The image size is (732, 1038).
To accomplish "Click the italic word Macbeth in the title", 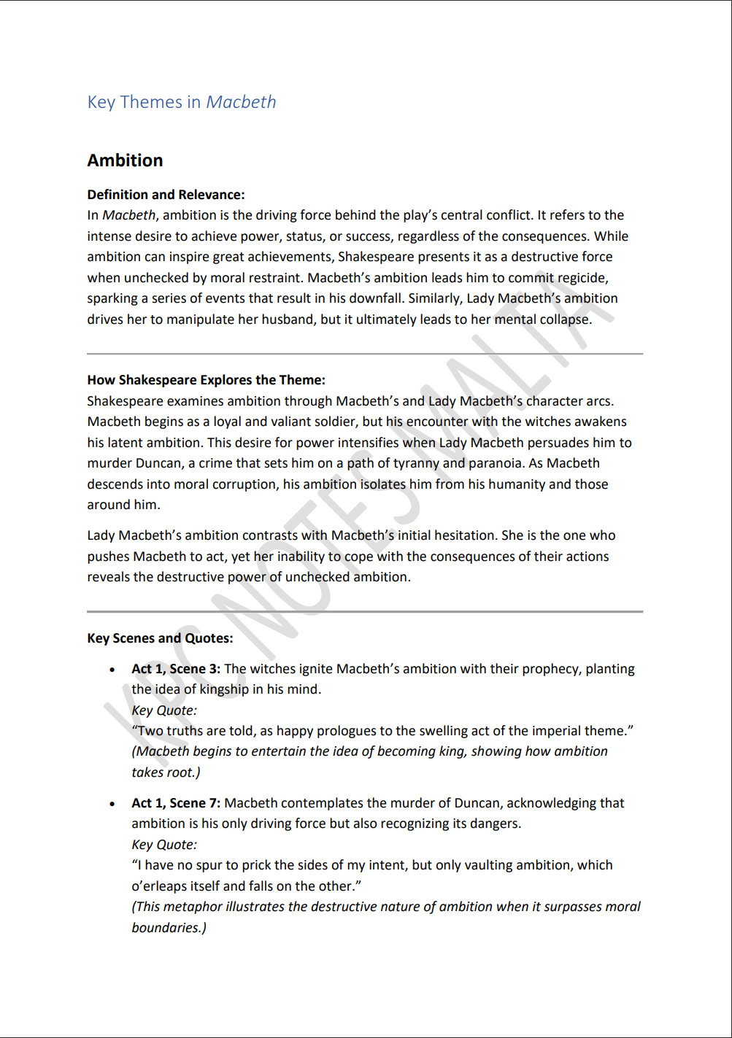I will (241, 102).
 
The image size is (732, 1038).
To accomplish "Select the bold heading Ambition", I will (126, 160).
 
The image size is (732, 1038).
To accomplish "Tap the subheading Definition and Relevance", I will (166, 195).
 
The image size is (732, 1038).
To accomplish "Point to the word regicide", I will (582, 278).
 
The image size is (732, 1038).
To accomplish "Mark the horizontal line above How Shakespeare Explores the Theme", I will (365, 354).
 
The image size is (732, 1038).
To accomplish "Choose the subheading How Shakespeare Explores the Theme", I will (206, 380).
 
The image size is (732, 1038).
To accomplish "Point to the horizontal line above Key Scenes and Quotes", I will (365, 611).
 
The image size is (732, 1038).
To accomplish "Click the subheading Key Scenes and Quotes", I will (160, 638).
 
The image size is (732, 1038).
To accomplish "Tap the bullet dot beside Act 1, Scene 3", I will (112, 670).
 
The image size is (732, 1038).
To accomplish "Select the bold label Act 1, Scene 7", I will (175, 803).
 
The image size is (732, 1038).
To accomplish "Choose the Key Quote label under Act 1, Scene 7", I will (164, 845).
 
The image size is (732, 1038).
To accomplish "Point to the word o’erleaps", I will (161, 886).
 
